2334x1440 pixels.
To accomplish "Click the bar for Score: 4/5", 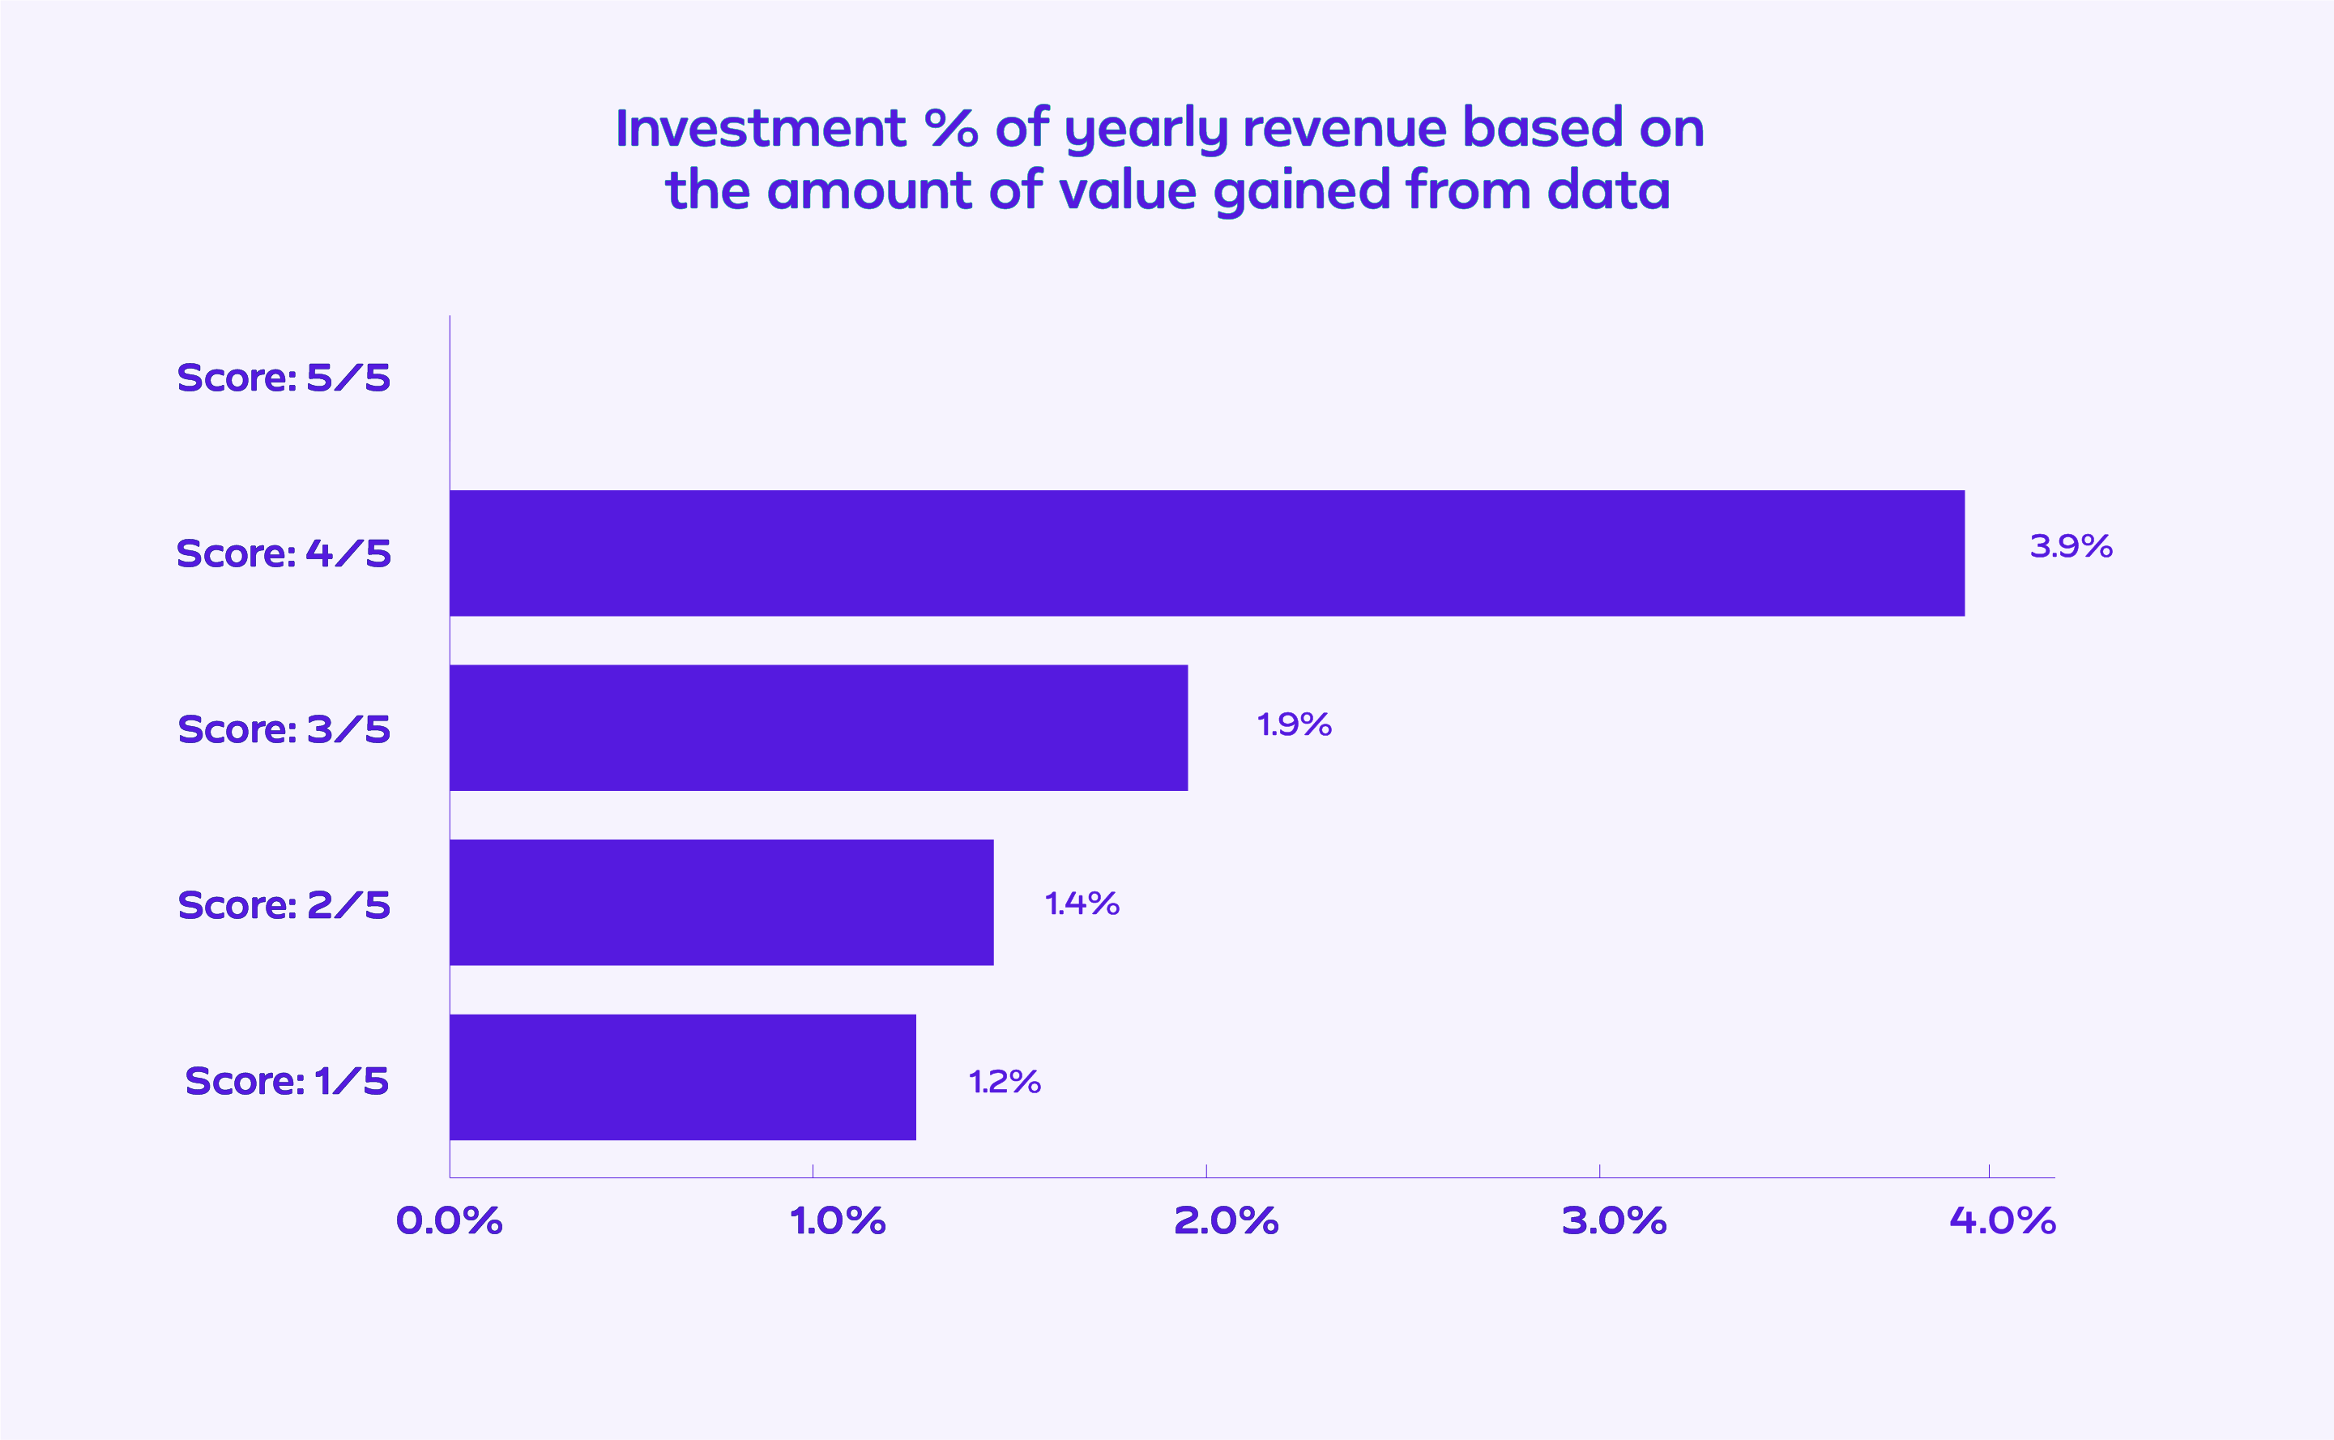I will coord(1206,553).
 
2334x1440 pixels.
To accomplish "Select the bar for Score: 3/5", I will coord(818,728).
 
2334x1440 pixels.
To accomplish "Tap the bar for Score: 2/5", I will coord(722,902).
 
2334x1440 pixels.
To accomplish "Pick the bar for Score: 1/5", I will coord(682,1077).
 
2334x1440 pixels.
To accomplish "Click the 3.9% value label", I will coord(2071,547).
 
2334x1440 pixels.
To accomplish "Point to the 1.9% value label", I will coord(1294,724).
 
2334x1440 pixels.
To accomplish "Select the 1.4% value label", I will coord(1082,903).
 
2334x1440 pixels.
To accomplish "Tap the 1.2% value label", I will coord(1005,1082).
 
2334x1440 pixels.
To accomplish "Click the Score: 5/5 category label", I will coord(284,378).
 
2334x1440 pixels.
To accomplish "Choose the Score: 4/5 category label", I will coord(284,553).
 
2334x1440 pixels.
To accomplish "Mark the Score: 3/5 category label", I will coord(284,729).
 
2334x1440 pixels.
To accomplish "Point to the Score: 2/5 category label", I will coord(284,905).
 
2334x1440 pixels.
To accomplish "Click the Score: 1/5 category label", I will coord(287,1081).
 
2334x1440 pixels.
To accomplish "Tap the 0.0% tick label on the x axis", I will coord(450,1221).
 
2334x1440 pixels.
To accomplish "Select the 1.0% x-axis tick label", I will coord(838,1221).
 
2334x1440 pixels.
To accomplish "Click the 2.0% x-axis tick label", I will coord(1226,1221).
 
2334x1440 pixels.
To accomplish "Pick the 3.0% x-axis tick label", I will coord(1615,1221).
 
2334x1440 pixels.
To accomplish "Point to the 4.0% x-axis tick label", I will coord(2003,1221).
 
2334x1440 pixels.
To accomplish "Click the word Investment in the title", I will coord(760,129).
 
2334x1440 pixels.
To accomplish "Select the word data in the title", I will coord(1608,190).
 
